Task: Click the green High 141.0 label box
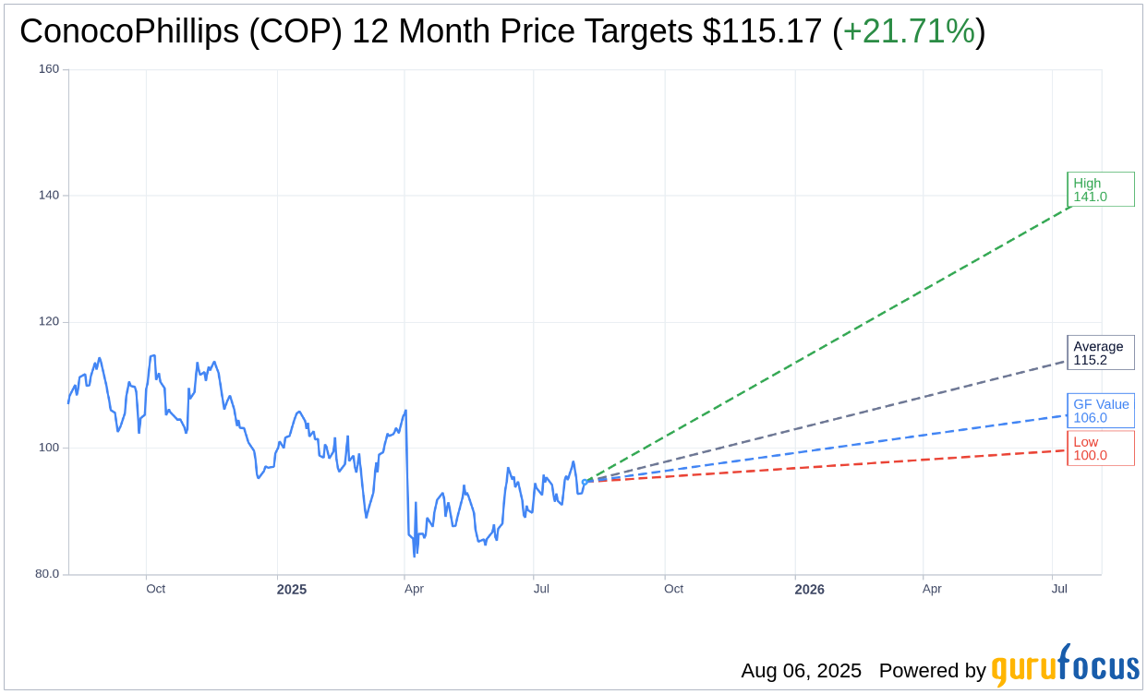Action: (1100, 190)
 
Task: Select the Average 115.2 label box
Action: (1100, 353)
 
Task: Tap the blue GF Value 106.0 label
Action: (1100, 411)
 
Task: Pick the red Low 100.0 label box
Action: (1100, 449)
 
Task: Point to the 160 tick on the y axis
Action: (49, 69)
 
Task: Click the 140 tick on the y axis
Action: (49, 196)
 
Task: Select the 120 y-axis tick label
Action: (49, 322)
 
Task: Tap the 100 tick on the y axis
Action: (49, 448)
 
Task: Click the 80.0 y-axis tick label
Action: (45, 574)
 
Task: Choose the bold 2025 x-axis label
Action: (292, 590)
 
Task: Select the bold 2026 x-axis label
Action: (810, 590)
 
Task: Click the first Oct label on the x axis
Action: (155, 589)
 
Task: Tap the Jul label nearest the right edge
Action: (1059, 589)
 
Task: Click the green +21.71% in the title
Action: (909, 31)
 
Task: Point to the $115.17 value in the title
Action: (762, 31)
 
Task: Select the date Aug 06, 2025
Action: (801, 671)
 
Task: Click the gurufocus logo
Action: (1065, 666)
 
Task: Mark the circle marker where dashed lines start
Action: (585, 482)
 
